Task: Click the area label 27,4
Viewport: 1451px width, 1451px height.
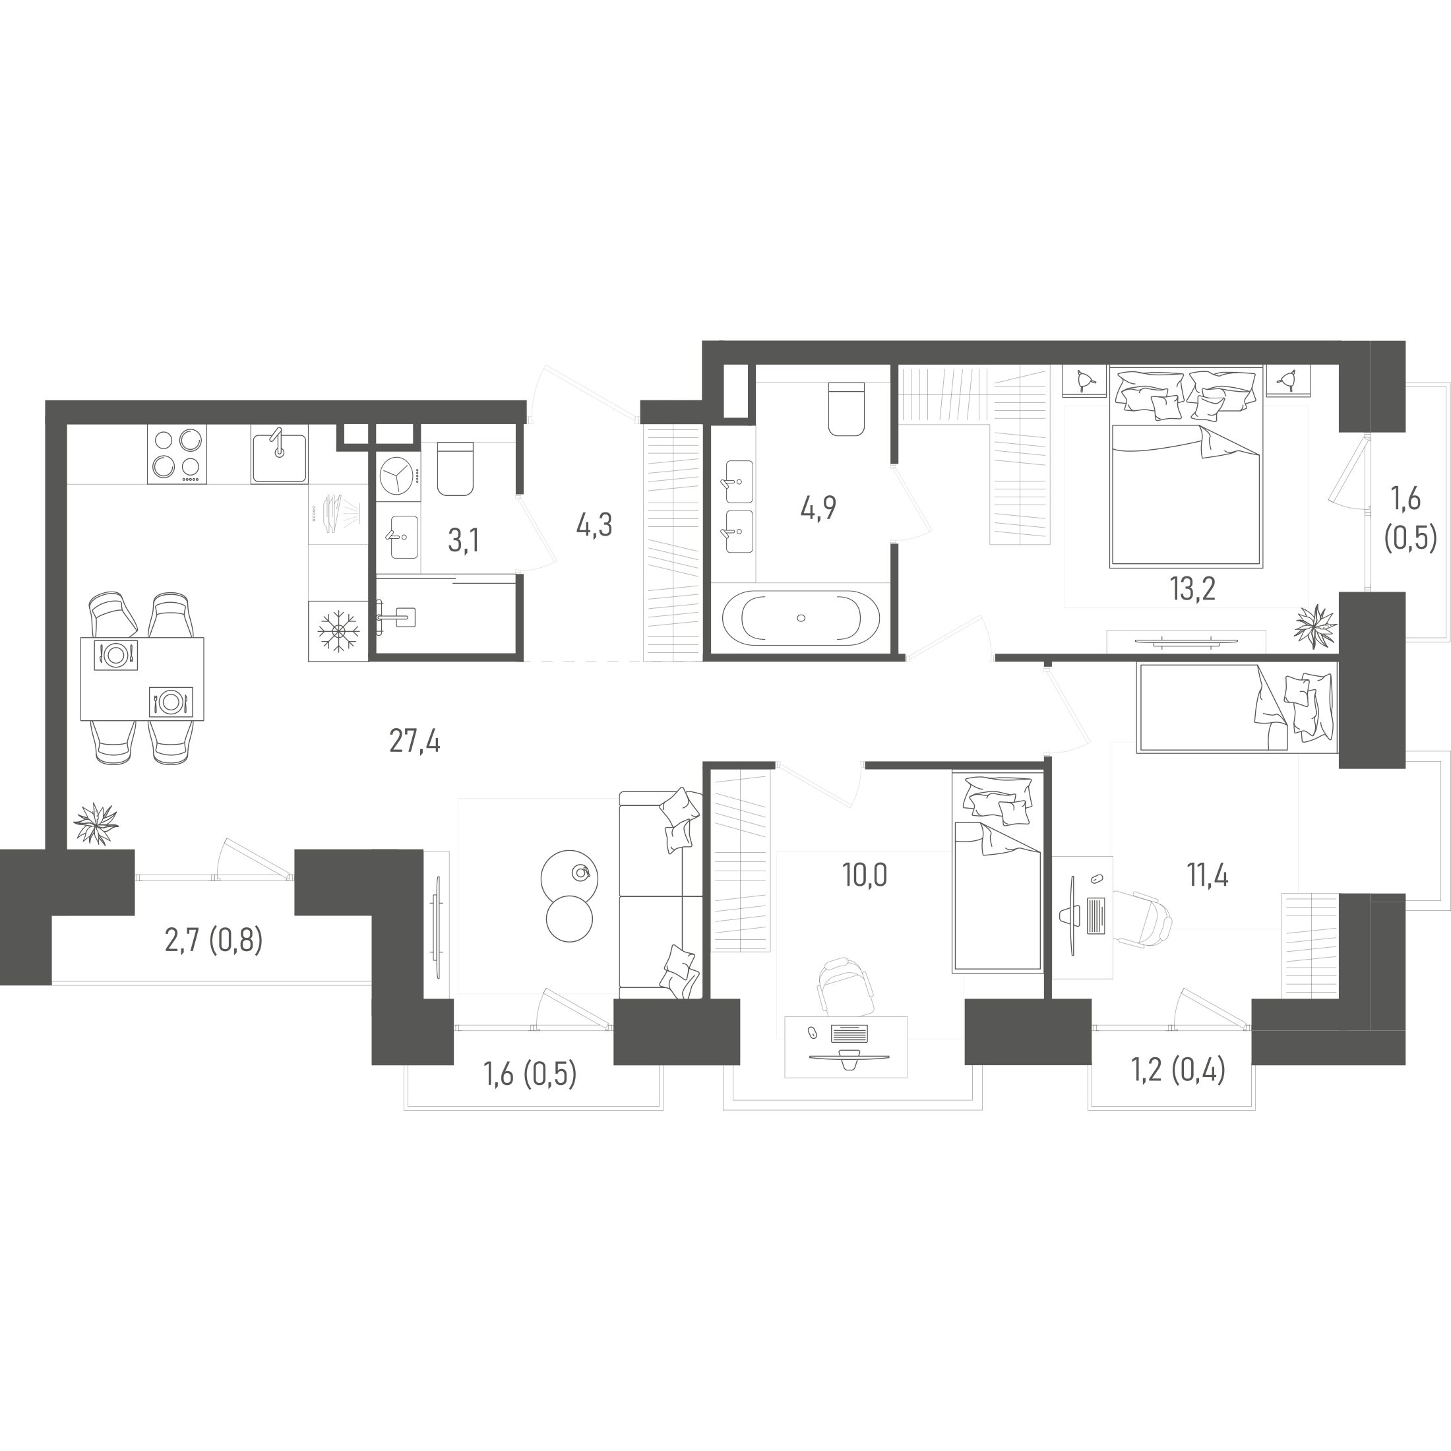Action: coord(415,742)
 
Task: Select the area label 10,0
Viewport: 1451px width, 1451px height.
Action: coord(865,875)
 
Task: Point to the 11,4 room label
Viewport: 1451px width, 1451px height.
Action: coord(1208,875)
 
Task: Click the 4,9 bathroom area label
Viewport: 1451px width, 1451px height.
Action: coord(818,509)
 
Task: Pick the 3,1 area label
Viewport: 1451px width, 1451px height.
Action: coord(464,540)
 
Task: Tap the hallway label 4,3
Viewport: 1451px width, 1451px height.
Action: coord(594,526)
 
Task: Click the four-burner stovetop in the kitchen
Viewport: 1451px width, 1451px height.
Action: coord(177,454)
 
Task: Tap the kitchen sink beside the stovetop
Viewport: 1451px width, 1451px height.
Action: coord(278,456)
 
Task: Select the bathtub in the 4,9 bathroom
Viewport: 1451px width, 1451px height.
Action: coord(801,617)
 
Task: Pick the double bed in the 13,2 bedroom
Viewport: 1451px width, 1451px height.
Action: coord(1186,466)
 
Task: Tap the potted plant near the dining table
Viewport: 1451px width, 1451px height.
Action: coord(96,824)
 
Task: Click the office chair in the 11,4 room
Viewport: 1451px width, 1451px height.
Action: coord(1142,917)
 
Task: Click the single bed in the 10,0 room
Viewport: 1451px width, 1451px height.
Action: coord(997,873)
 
